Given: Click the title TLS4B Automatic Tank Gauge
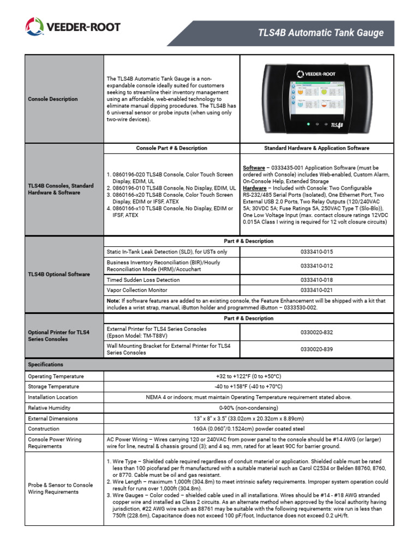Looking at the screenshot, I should click(x=321, y=33).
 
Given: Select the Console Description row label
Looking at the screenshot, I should click(x=52, y=99).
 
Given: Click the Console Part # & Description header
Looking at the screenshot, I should click(x=171, y=148).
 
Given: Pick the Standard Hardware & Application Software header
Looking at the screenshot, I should click(x=316, y=148).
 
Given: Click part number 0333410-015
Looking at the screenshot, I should click(x=316, y=252).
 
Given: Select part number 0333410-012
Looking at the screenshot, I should click(x=316, y=265).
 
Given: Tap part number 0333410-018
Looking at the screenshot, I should click(x=316, y=280).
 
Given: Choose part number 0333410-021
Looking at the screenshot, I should click(x=316, y=290).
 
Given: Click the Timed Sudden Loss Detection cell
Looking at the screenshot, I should click(x=143, y=280).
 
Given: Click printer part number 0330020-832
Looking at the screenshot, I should click(x=316, y=332).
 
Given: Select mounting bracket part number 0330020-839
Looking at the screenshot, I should click(x=316, y=349).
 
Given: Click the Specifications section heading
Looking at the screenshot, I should click(x=45, y=365).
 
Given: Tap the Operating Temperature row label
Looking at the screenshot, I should click(x=56, y=377).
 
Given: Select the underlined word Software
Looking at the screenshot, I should click(x=254, y=168).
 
